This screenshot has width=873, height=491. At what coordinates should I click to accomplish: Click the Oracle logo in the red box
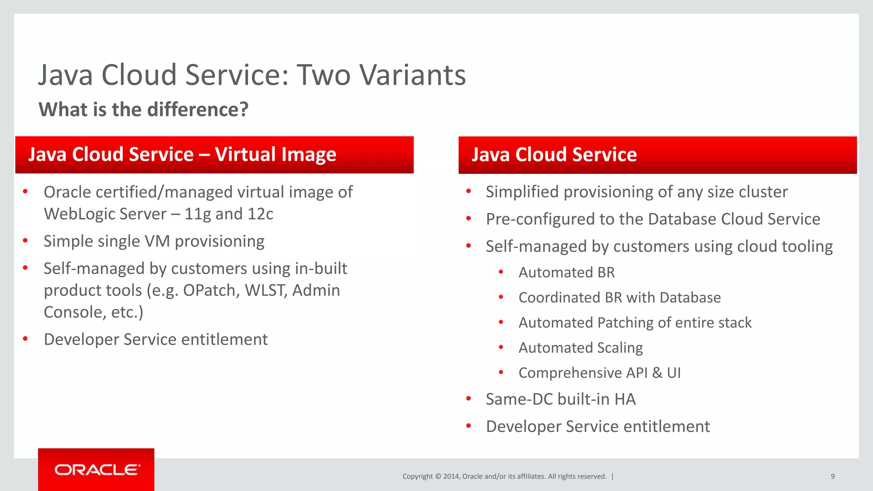coord(96,470)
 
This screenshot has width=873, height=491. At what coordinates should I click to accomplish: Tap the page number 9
coord(833,477)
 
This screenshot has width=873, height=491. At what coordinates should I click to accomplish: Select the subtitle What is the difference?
coord(143,110)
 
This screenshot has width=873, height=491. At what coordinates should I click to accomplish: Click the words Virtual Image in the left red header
coord(275,154)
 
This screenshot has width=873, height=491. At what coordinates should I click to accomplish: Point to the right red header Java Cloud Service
coord(554,154)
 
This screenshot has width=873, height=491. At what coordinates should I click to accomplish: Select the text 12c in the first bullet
coord(260,214)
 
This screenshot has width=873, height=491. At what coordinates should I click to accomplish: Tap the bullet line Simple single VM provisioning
coord(154,241)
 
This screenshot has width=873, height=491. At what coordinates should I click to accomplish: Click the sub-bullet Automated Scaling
coord(580,348)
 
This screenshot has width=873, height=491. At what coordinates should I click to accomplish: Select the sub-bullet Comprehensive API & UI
coord(599,373)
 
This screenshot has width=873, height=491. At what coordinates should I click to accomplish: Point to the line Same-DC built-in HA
coord(561,399)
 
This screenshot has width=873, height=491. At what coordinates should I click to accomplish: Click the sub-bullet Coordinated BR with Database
coord(619,297)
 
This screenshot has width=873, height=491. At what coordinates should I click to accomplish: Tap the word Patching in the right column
coord(625,323)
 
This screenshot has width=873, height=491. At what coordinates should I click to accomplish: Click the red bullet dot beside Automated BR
coord(501,272)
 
